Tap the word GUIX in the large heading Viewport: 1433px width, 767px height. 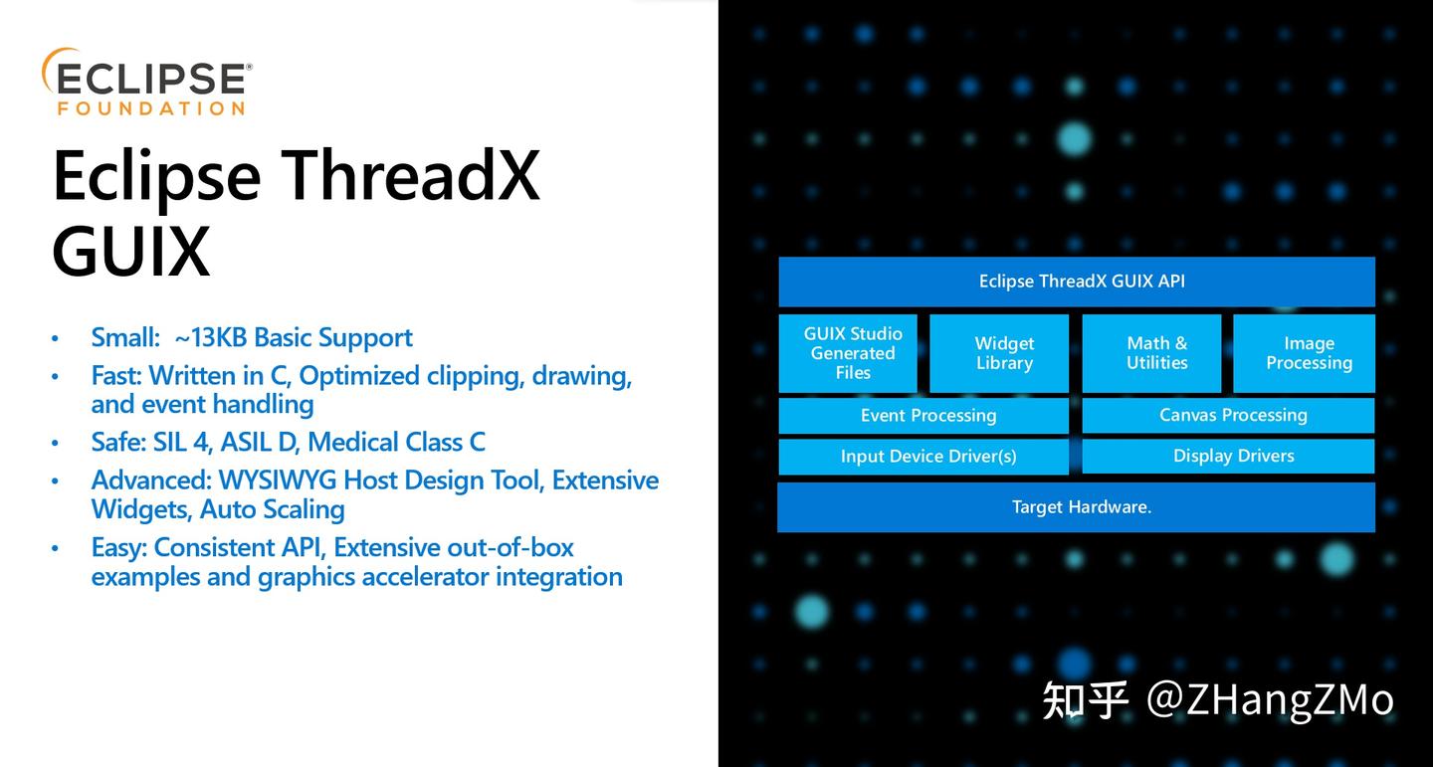pyautogui.click(x=130, y=251)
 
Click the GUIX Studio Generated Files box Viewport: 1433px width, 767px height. pyautogui.click(x=852, y=353)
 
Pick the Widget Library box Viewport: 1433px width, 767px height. pyautogui.click(x=1003, y=353)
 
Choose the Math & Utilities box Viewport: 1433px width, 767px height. pyautogui.click(x=1156, y=353)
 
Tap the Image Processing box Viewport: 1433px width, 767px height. pyautogui.click(x=1308, y=353)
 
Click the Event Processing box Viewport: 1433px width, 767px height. pyautogui.click(x=927, y=416)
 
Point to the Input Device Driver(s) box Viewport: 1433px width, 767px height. pyautogui.click(x=927, y=457)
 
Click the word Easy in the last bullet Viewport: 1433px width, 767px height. pyautogui.click(x=116, y=548)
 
